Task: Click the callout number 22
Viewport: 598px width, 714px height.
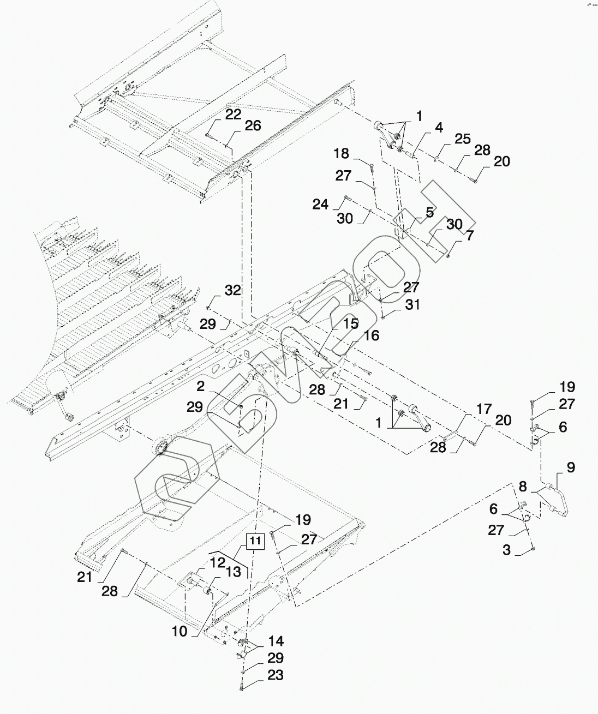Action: (233, 115)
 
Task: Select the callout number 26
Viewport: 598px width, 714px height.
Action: (253, 126)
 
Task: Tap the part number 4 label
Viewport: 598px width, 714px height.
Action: (439, 129)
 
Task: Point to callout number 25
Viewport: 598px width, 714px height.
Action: (462, 139)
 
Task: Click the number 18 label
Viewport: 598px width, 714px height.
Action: (342, 153)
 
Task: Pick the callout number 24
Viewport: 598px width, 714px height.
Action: (320, 205)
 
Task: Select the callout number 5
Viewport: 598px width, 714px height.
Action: (430, 212)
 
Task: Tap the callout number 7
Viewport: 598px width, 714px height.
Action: (469, 236)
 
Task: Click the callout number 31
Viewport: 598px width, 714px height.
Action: (412, 304)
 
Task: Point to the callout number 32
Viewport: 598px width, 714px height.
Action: (232, 290)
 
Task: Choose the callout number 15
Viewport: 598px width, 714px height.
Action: (350, 324)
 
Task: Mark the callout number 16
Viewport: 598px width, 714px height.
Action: (371, 335)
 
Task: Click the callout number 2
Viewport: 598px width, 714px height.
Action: (201, 387)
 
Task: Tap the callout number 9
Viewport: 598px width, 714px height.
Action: (571, 467)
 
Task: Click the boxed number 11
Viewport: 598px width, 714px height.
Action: (255, 541)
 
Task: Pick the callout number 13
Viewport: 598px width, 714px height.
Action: (234, 571)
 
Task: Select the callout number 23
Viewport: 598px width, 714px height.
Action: (276, 675)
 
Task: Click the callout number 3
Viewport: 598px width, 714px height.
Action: (506, 550)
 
